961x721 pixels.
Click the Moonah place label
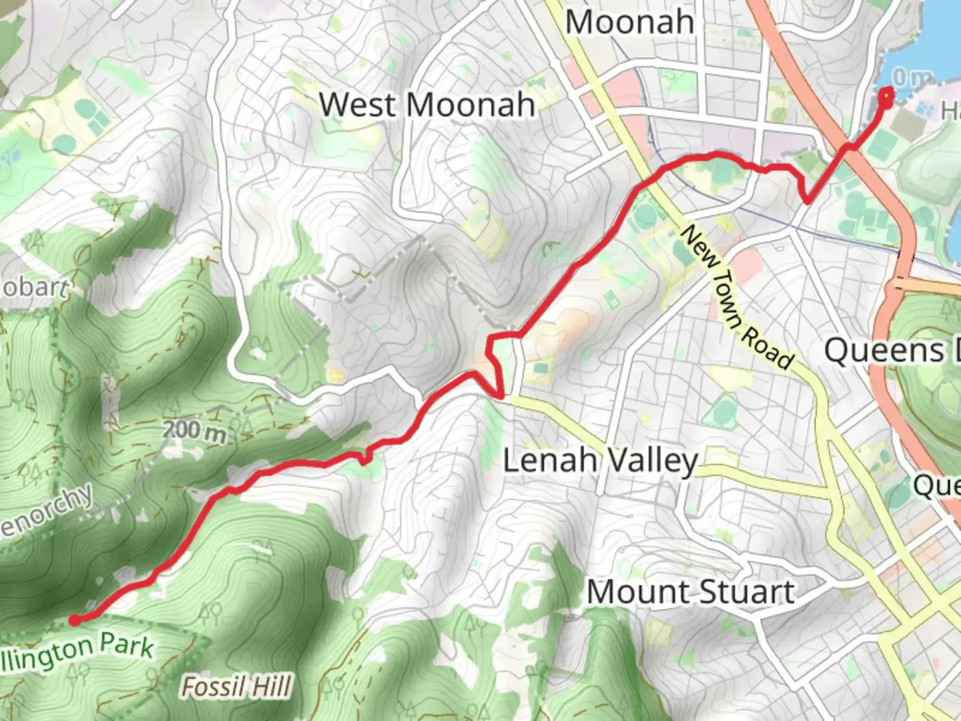coord(629,23)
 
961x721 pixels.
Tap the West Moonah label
coord(427,105)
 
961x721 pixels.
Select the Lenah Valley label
coord(600,461)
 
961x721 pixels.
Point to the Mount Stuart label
coord(691,592)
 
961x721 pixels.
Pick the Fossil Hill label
coord(237,687)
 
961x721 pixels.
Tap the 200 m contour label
coord(195,431)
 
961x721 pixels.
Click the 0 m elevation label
coord(912,78)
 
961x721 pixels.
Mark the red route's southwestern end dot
coord(75,620)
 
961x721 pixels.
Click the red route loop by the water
coord(886,97)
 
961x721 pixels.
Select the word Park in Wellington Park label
coord(127,646)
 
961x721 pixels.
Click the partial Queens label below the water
coord(891,351)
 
